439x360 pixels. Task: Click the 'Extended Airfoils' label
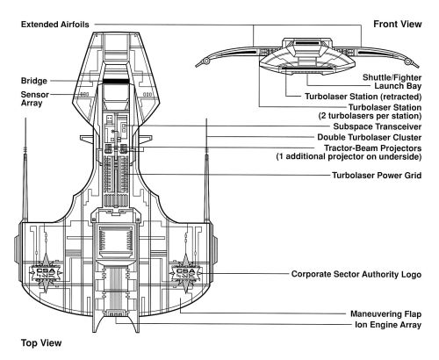(x=55, y=25)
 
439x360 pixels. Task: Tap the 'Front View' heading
(x=398, y=24)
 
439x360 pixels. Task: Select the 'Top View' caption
(x=41, y=342)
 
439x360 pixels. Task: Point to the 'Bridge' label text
(x=34, y=81)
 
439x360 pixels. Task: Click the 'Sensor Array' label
(x=35, y=98)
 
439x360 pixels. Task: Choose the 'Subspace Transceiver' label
(x=378, y=126)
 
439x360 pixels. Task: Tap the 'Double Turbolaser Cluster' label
(x=370, y=137)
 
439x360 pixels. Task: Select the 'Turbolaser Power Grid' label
(x=377, y=176)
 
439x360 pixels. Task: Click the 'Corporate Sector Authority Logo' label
(x=356, y=274)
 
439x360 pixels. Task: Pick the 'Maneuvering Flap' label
(x=386, y=314)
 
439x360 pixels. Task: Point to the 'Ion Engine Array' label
(x=388, y=325)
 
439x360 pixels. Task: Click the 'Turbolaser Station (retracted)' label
(x=363, y=97)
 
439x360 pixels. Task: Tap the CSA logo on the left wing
(x=46, y=273)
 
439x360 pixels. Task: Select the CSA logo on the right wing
(x=185, y=273)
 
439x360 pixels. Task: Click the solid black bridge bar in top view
(x=116, y=81)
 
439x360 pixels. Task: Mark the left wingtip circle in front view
(x=206, y=61)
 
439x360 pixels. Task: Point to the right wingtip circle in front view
(x=407, y=61)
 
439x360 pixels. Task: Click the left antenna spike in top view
(x=25, y=169)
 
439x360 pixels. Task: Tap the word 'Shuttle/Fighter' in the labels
(x=392, y=77)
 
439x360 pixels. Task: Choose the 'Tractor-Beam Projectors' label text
(x=372, y=148)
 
